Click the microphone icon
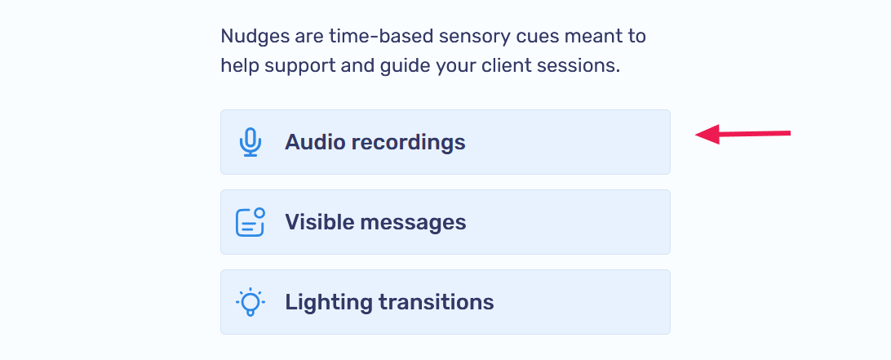click(x=250, y=142)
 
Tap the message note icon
click(x=250, y=222)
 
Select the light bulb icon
click(x=250, y=302)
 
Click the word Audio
click(x=315, y=142)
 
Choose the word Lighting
click(x=328, y=302)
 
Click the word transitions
click(x=437, y=302)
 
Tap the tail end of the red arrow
click(x=788, y=132)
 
